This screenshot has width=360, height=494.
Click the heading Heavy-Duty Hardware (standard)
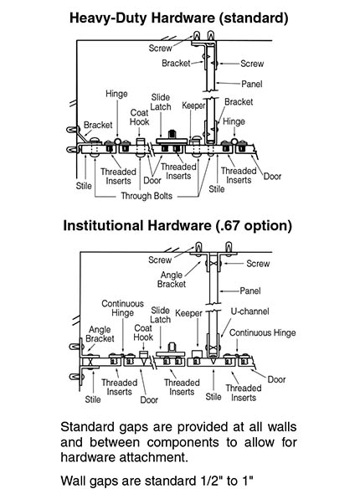[178, 18]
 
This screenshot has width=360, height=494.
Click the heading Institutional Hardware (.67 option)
[177, 225]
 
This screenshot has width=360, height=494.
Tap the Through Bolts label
[147, 196]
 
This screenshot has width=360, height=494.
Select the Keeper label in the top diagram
[193, 105]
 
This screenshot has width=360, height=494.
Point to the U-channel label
[249, 311]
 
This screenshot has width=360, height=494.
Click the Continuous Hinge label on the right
[262, 332]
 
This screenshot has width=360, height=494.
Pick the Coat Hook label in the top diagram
[139, 117]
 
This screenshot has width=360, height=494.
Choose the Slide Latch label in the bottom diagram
[160, 315]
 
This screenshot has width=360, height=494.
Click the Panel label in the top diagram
[252, 84]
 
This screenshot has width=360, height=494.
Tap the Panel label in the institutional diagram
[250, 291]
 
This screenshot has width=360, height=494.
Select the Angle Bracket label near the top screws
[172, 280]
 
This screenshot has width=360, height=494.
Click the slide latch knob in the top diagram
[172, 134]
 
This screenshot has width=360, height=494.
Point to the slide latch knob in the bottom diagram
[172, 347]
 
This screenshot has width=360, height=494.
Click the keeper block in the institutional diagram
[197, 352]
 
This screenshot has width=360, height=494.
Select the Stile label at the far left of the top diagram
[84, 186]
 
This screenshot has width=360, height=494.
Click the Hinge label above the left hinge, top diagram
[116, 94]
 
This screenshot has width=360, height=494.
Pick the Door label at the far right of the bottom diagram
[276, 379]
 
